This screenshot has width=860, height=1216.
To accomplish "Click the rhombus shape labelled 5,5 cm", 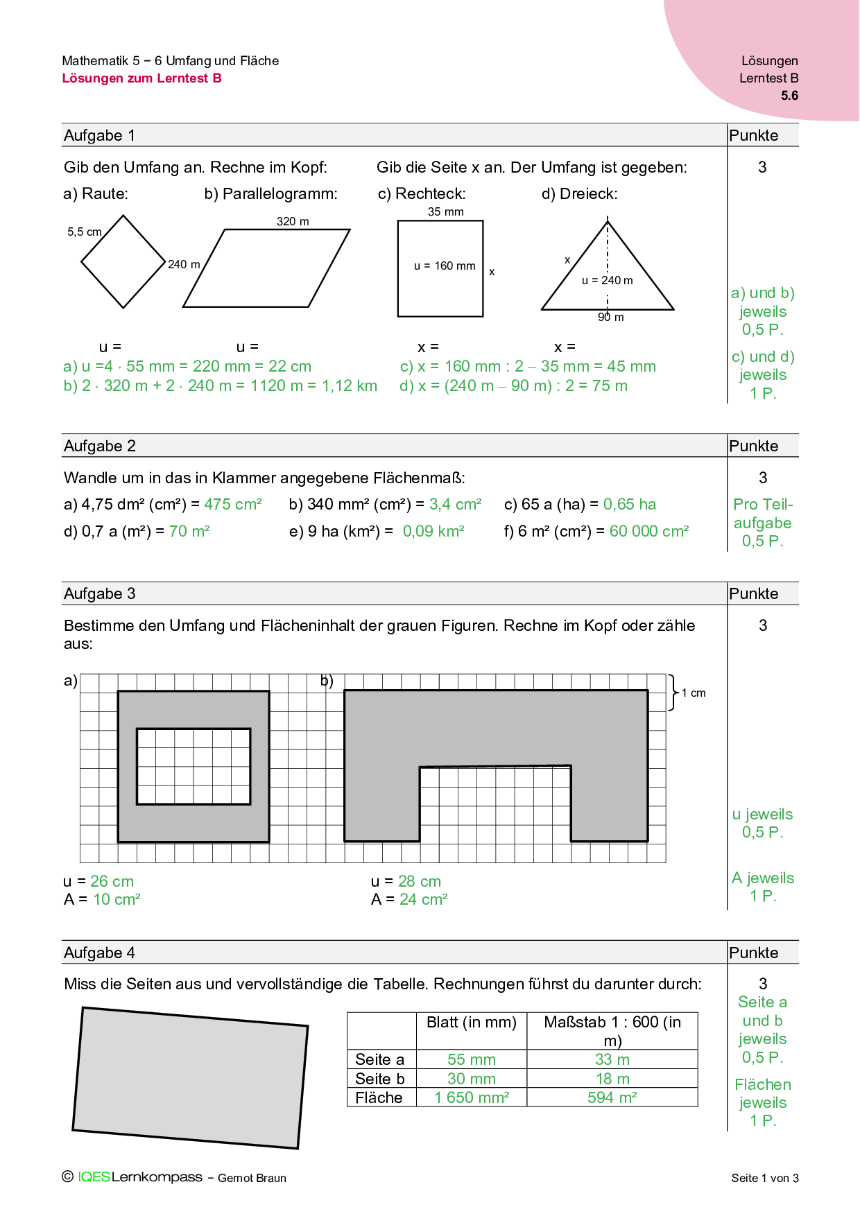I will [x=123, y=262].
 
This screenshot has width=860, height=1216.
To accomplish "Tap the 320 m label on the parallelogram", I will [x=293, y=221].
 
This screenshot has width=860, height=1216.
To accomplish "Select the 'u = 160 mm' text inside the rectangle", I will [x=445, y=266].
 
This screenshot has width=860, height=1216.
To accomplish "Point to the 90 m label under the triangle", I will [x=611, y=317].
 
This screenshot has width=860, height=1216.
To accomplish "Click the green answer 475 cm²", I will [x=233, y=504].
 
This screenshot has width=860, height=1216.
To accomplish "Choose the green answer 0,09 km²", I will [x=433, y=531].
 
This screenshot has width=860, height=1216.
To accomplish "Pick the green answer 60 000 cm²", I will [x=649, y=531].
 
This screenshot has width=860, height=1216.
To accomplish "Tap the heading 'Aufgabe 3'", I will [x=100, y=593].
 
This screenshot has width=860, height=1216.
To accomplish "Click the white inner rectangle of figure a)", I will [x=193, y=766].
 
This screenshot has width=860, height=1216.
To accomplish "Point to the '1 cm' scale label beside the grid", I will [x=694, y=693].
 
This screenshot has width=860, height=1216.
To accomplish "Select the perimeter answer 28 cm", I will [x=420, y=881].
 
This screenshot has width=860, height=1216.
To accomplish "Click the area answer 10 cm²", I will [x=117, y=899].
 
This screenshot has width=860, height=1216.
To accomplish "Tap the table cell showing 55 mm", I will [x=472, y=1059].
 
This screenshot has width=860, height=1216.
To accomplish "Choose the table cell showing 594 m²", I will [x=612, y=1097].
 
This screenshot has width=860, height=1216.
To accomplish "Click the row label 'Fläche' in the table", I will [x=379, y=1097].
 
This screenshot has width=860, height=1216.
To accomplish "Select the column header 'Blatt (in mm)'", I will [x=472, y=1022].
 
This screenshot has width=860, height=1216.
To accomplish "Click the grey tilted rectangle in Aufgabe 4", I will [x=190, y=1077].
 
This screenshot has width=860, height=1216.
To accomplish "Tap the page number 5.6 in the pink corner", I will [x=789, y=96].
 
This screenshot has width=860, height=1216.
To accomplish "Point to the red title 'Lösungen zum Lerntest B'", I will [x=142, y=78].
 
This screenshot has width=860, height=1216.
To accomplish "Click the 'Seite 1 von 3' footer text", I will [x=764, y=1178].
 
